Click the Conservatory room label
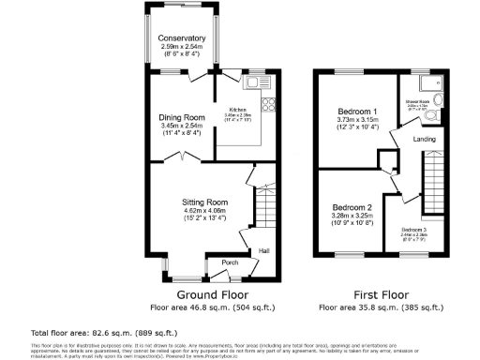(x=182, y=38)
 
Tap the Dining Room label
(x=181, y=117)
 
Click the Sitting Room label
(x=204, y=202)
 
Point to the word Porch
(x=227, y=262)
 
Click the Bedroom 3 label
(x=413, y=230)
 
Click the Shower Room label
(x=418, y=101)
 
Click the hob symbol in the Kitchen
(x=267, y=103)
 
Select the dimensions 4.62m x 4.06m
(x=204, y=211)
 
